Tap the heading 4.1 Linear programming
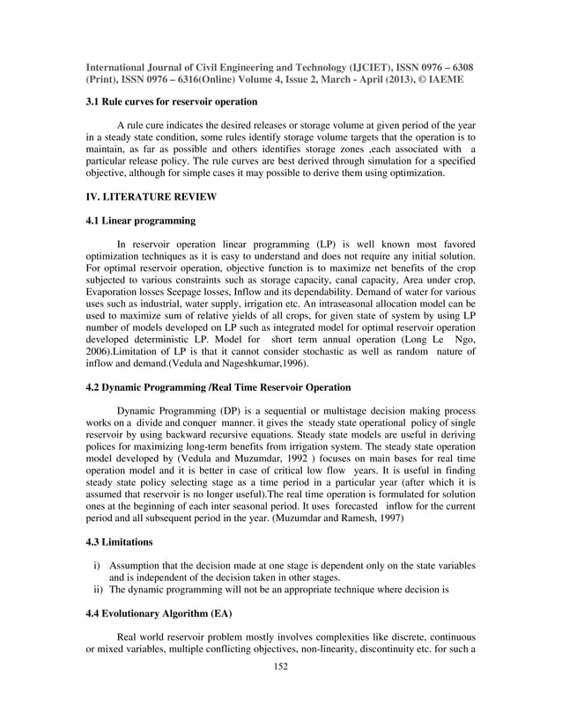tap(140, 220)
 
